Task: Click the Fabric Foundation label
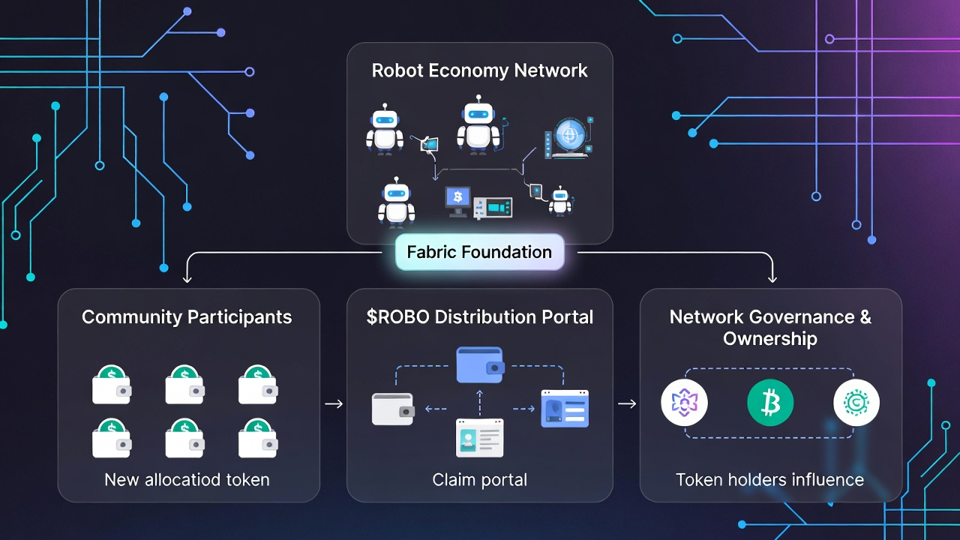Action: tap(479, 252)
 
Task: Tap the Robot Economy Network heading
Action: tap(479, 70)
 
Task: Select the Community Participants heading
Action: tap(187, 316)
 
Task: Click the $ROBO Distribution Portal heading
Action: tap(479, 316)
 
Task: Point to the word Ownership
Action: tap(769, 338)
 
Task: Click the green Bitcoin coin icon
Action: tap(770, 403)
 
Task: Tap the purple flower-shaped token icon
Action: tap(684, 403)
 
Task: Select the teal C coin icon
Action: tap(856, 403)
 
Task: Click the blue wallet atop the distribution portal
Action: tap(480, 364)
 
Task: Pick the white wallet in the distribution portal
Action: tap(393, 409)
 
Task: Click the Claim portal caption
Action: tap(479, 479)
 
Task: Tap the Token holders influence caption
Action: tap(769, 479)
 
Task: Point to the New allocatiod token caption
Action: tap(187, 479)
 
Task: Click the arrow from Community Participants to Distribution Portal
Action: tap(334, 404)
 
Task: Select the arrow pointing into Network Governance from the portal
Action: tap(627, 404)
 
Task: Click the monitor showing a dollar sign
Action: tap(458, 199)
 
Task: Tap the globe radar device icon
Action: tap(568, 136)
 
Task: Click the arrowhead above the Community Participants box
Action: tap(187, 278)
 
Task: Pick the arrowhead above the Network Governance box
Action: tap(772, 278)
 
